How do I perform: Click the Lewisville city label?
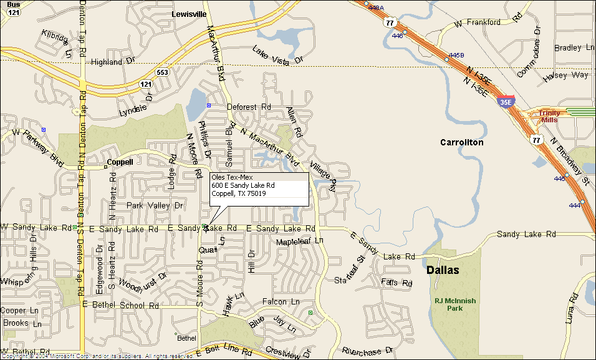tap(189, 13)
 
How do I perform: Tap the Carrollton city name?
tap(461, 142)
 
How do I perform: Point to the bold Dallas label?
tap(443, 270)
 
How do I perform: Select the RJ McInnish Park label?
tap(454, 304)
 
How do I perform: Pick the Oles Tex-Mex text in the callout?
tap(228, 177)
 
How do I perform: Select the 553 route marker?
tap(163, 72)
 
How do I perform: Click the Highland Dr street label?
tap(113, 61)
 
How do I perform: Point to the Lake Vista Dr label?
tap(277, 56)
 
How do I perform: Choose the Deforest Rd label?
tap(249, 107)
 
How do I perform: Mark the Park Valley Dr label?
tap(156, 205)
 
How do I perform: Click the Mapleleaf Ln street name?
tap(300, 241)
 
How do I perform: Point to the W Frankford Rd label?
tap(487, 22)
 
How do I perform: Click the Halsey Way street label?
tap(565, 75)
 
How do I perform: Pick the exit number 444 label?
tap(574, 205)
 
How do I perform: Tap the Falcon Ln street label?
tap(282, 302)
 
